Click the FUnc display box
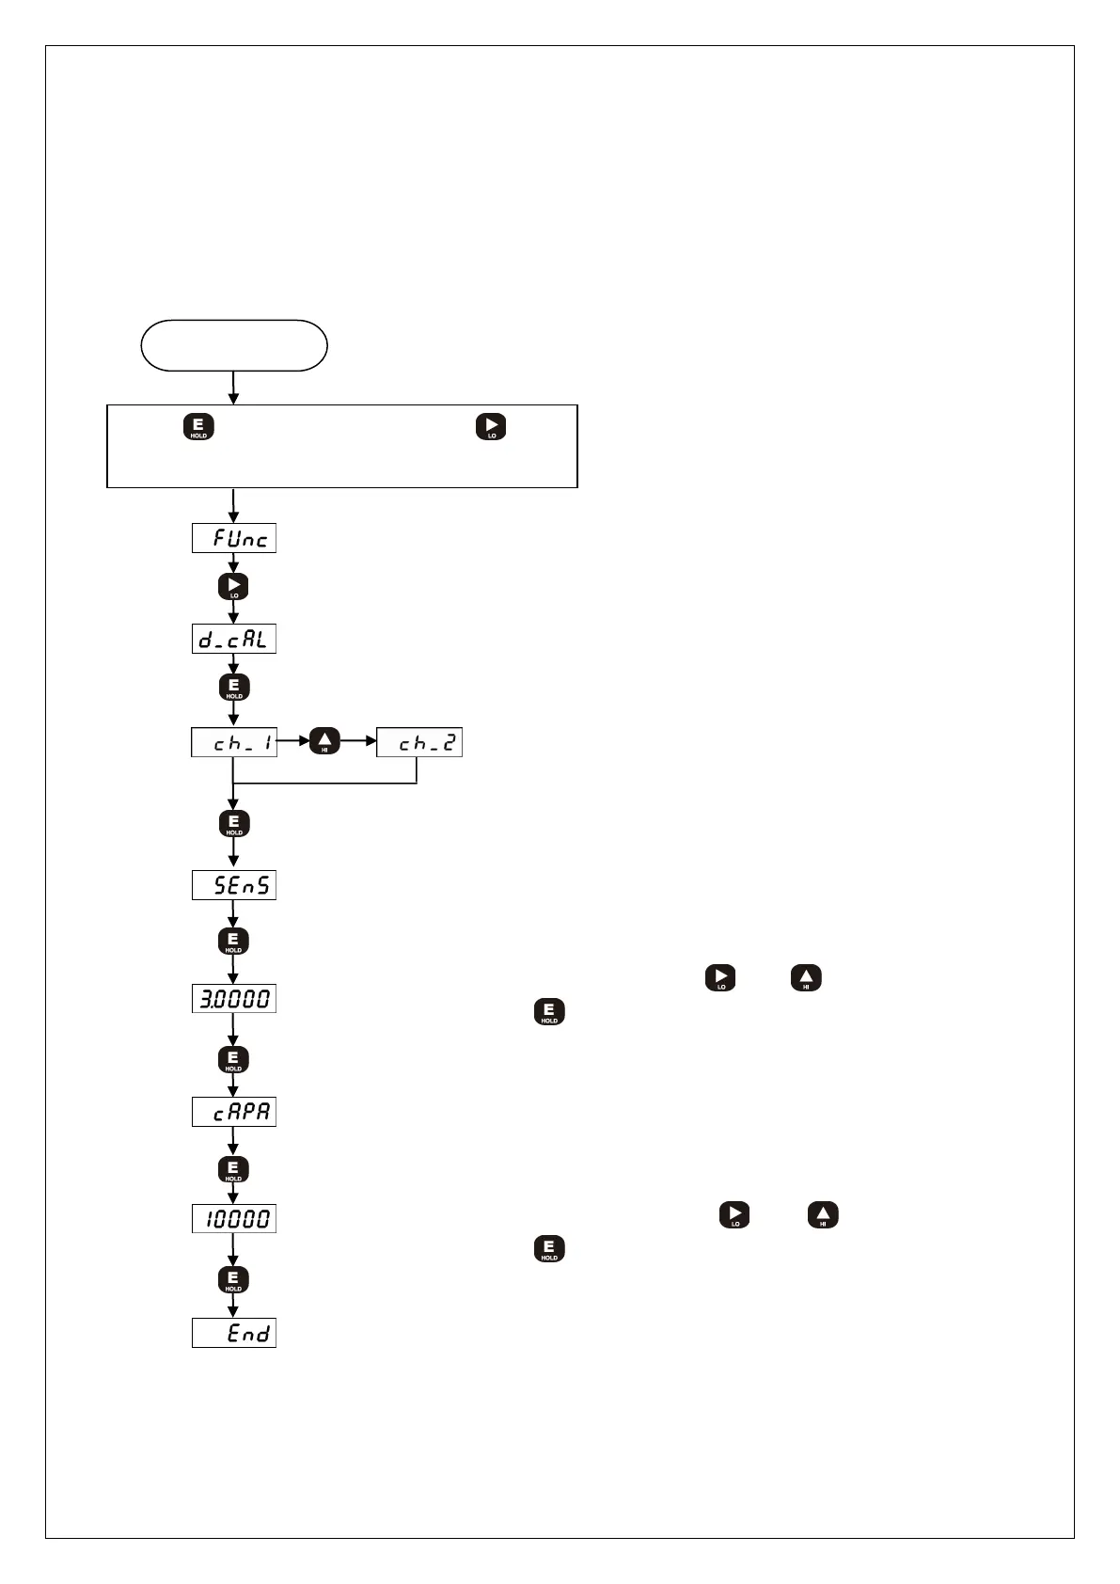point(234,538)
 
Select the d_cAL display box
point(234,640)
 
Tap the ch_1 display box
point(234,743)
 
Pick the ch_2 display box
point(419,743)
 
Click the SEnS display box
point(234,885)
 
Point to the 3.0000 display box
point(234,998)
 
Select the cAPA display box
point(234,1112)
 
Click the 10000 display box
point(234,1219)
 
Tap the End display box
point(234,1333)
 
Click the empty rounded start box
point(234,345)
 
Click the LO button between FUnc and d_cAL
point(234,587)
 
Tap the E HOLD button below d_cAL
point(234,688)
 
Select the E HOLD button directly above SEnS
point(234,823)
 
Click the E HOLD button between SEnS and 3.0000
point(234,941)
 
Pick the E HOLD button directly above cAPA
point(234,1059)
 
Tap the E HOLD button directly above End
point(234,1279)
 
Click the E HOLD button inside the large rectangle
point(198,427)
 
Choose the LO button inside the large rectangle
point(491,427)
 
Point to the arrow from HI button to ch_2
point(358,742)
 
